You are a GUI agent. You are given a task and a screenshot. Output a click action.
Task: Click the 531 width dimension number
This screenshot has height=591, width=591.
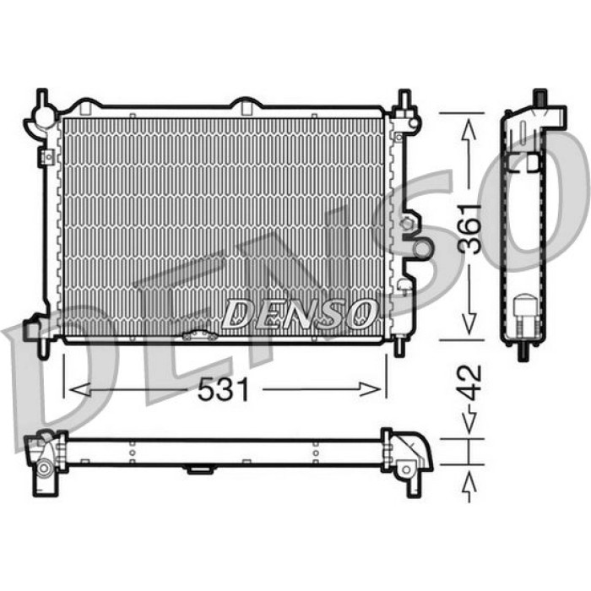pyautogui.click(x=223, y=389)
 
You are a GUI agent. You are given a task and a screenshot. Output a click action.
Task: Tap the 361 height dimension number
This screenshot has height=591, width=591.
pyautogui.click(x=470, y=229)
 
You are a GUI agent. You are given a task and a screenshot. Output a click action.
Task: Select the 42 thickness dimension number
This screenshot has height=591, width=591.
pyautogui.click(x=470, y=382)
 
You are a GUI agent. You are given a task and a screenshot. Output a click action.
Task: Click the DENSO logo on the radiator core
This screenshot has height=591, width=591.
pyautogui.click(x=300, y=313)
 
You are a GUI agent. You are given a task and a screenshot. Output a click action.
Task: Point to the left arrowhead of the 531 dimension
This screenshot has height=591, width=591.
pyautogui.click(x=80, y=389)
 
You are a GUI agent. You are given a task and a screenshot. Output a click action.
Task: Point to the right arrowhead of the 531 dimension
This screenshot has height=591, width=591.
pyautogui.click(x=370, y=389)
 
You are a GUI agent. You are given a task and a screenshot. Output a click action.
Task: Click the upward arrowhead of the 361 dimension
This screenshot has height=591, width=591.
pyautogui.click(x=469, y=130)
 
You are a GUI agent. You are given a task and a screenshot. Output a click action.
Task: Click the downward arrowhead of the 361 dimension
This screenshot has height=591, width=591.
pyautogui.click(x=469, y=324)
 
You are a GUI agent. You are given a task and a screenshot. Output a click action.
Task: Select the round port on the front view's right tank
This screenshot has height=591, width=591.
pyautogui.click(x=422, y=247)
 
